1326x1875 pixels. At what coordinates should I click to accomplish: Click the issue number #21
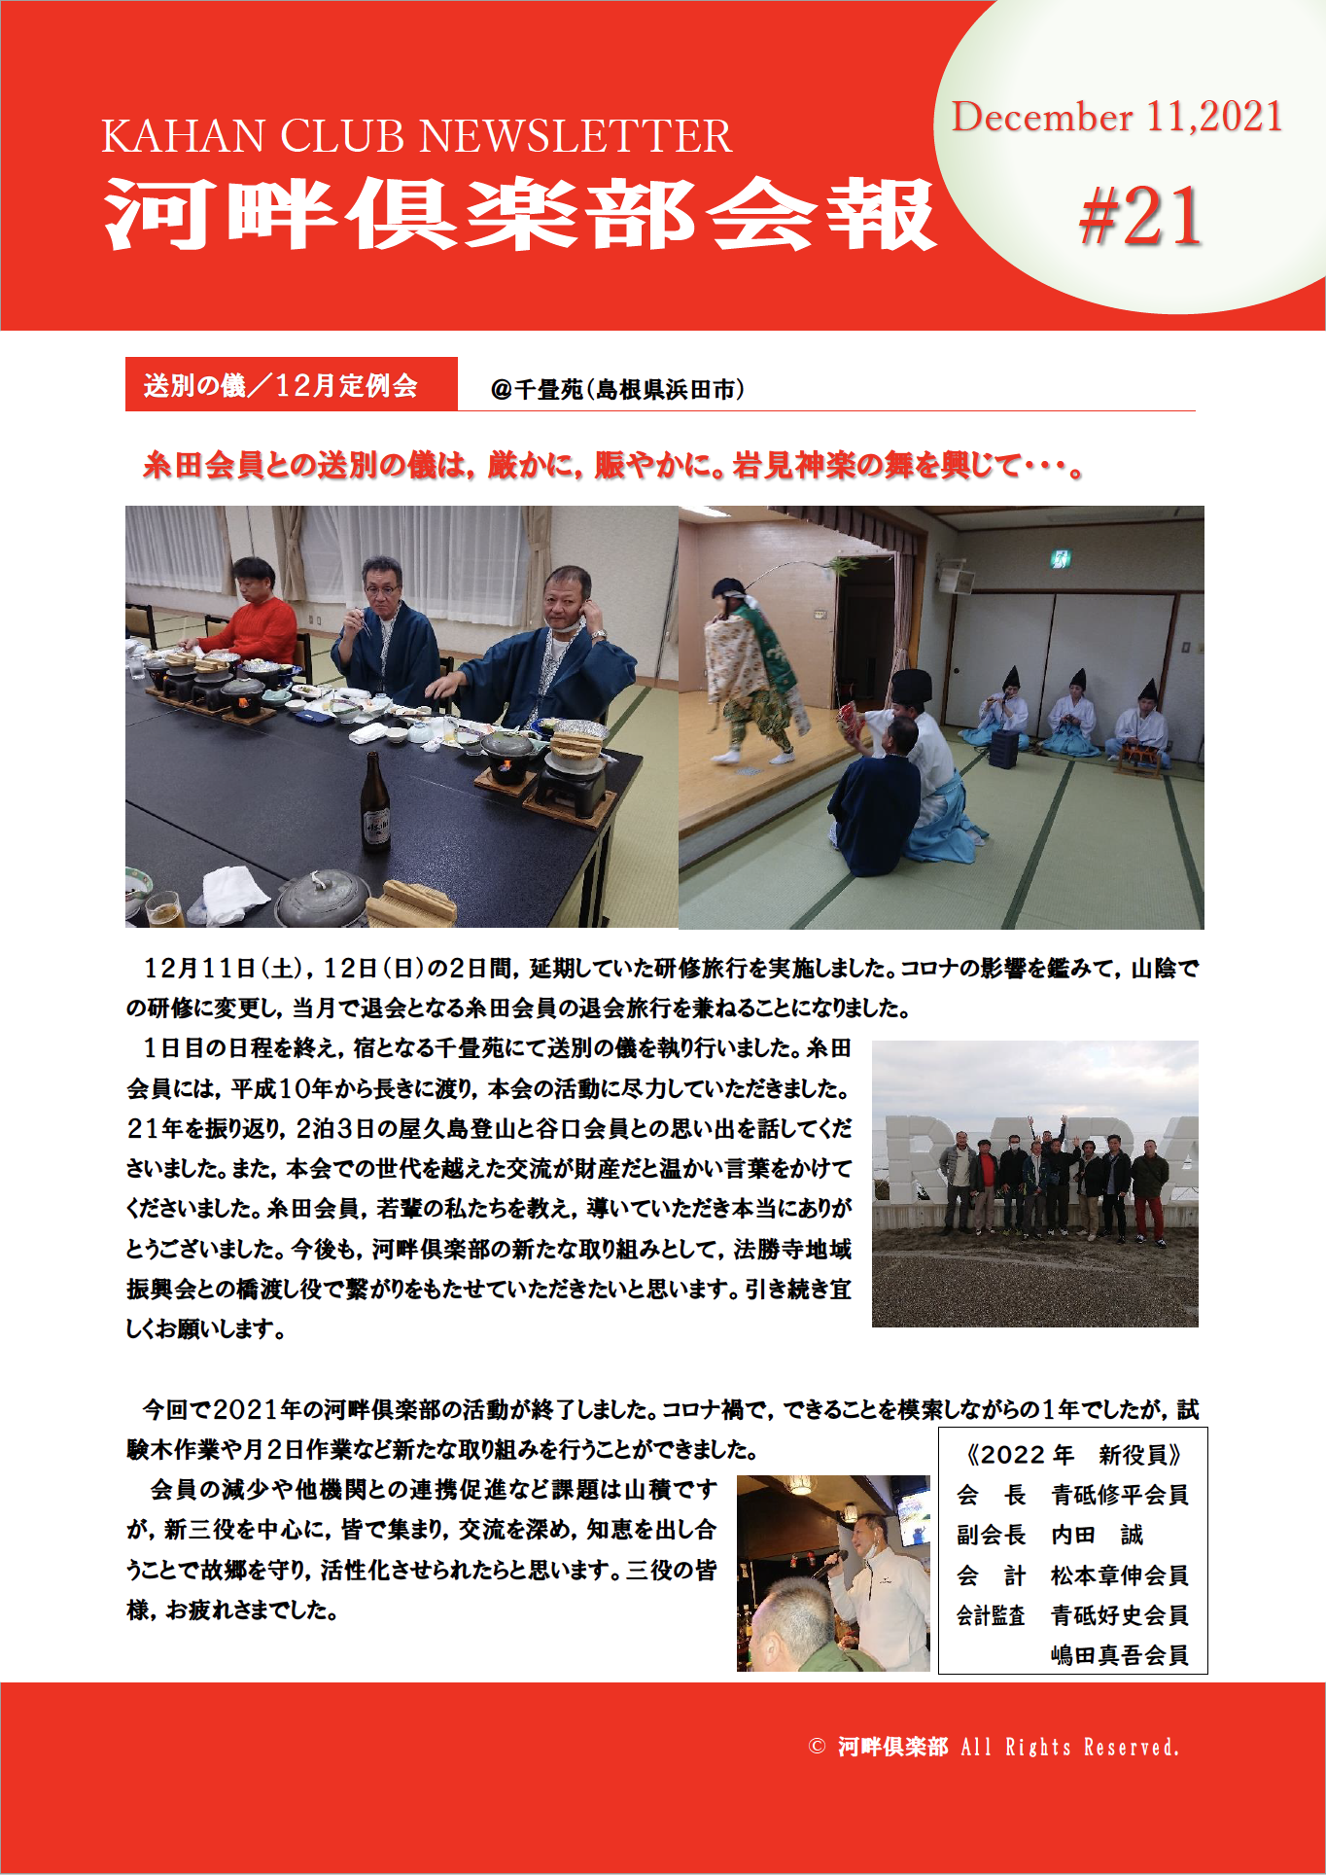(x=1140, y=217)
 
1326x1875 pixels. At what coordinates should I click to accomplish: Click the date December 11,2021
(x=1117, y=117)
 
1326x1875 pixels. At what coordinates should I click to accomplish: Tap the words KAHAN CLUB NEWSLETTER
(x=416, y=136)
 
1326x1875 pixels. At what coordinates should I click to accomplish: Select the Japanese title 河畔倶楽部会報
(x=520, y=215)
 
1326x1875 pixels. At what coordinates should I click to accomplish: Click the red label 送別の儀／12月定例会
(x=281, y=385)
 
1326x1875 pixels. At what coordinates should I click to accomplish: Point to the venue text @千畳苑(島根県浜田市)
(x=617, y=390)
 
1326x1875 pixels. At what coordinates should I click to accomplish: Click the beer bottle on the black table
(x=375, y=803)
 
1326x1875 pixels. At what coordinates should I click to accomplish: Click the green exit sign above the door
(x=1061, y=558)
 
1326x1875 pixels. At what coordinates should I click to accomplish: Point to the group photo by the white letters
(x=1034, y=1184)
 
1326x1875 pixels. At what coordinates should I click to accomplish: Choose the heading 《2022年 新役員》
(x=1072, y=1455)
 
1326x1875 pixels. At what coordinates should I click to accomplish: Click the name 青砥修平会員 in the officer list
(x=1119, y=1495)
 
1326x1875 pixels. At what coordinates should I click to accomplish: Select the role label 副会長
(x=991, y=1536)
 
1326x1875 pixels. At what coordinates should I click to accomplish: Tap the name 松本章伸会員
(x=1119, y=1575)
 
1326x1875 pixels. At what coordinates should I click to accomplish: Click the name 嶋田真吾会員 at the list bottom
(x=1119, y=1655)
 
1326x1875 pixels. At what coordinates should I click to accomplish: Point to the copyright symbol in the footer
(x=817, y=1747)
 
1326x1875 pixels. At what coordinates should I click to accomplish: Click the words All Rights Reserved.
(x=1069, y=1748)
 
